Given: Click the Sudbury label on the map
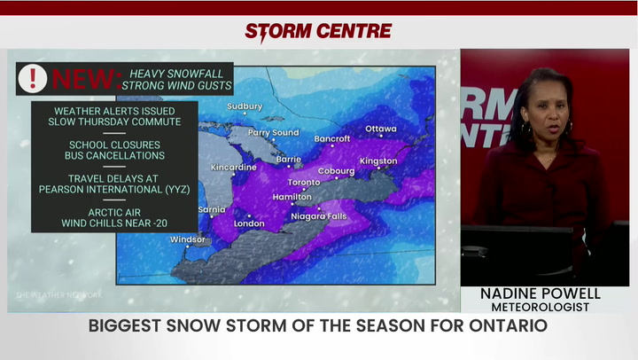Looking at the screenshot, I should [x=245, y=106].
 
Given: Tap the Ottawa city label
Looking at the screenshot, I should [x=381, y=129].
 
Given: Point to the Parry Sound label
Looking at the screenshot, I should [x=273, y=133].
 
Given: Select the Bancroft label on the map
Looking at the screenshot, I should [x=333, y=139].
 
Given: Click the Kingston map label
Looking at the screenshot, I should [x=378, y=161].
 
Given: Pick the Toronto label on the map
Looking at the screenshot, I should [x=303, y=183].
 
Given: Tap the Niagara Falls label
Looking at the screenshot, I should [x=320, y=216].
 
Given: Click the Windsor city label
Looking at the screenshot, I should [x=188, y=239].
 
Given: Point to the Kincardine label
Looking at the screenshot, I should [x=234, y=168].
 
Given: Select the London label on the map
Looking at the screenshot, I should [x=249, y=223].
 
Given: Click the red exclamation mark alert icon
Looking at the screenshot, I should [x=33, y=78].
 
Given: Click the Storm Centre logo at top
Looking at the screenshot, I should [x=318, y=31].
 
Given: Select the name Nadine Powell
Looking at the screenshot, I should [x=541, y=293].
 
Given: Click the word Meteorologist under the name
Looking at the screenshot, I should [x=541, y=308].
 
